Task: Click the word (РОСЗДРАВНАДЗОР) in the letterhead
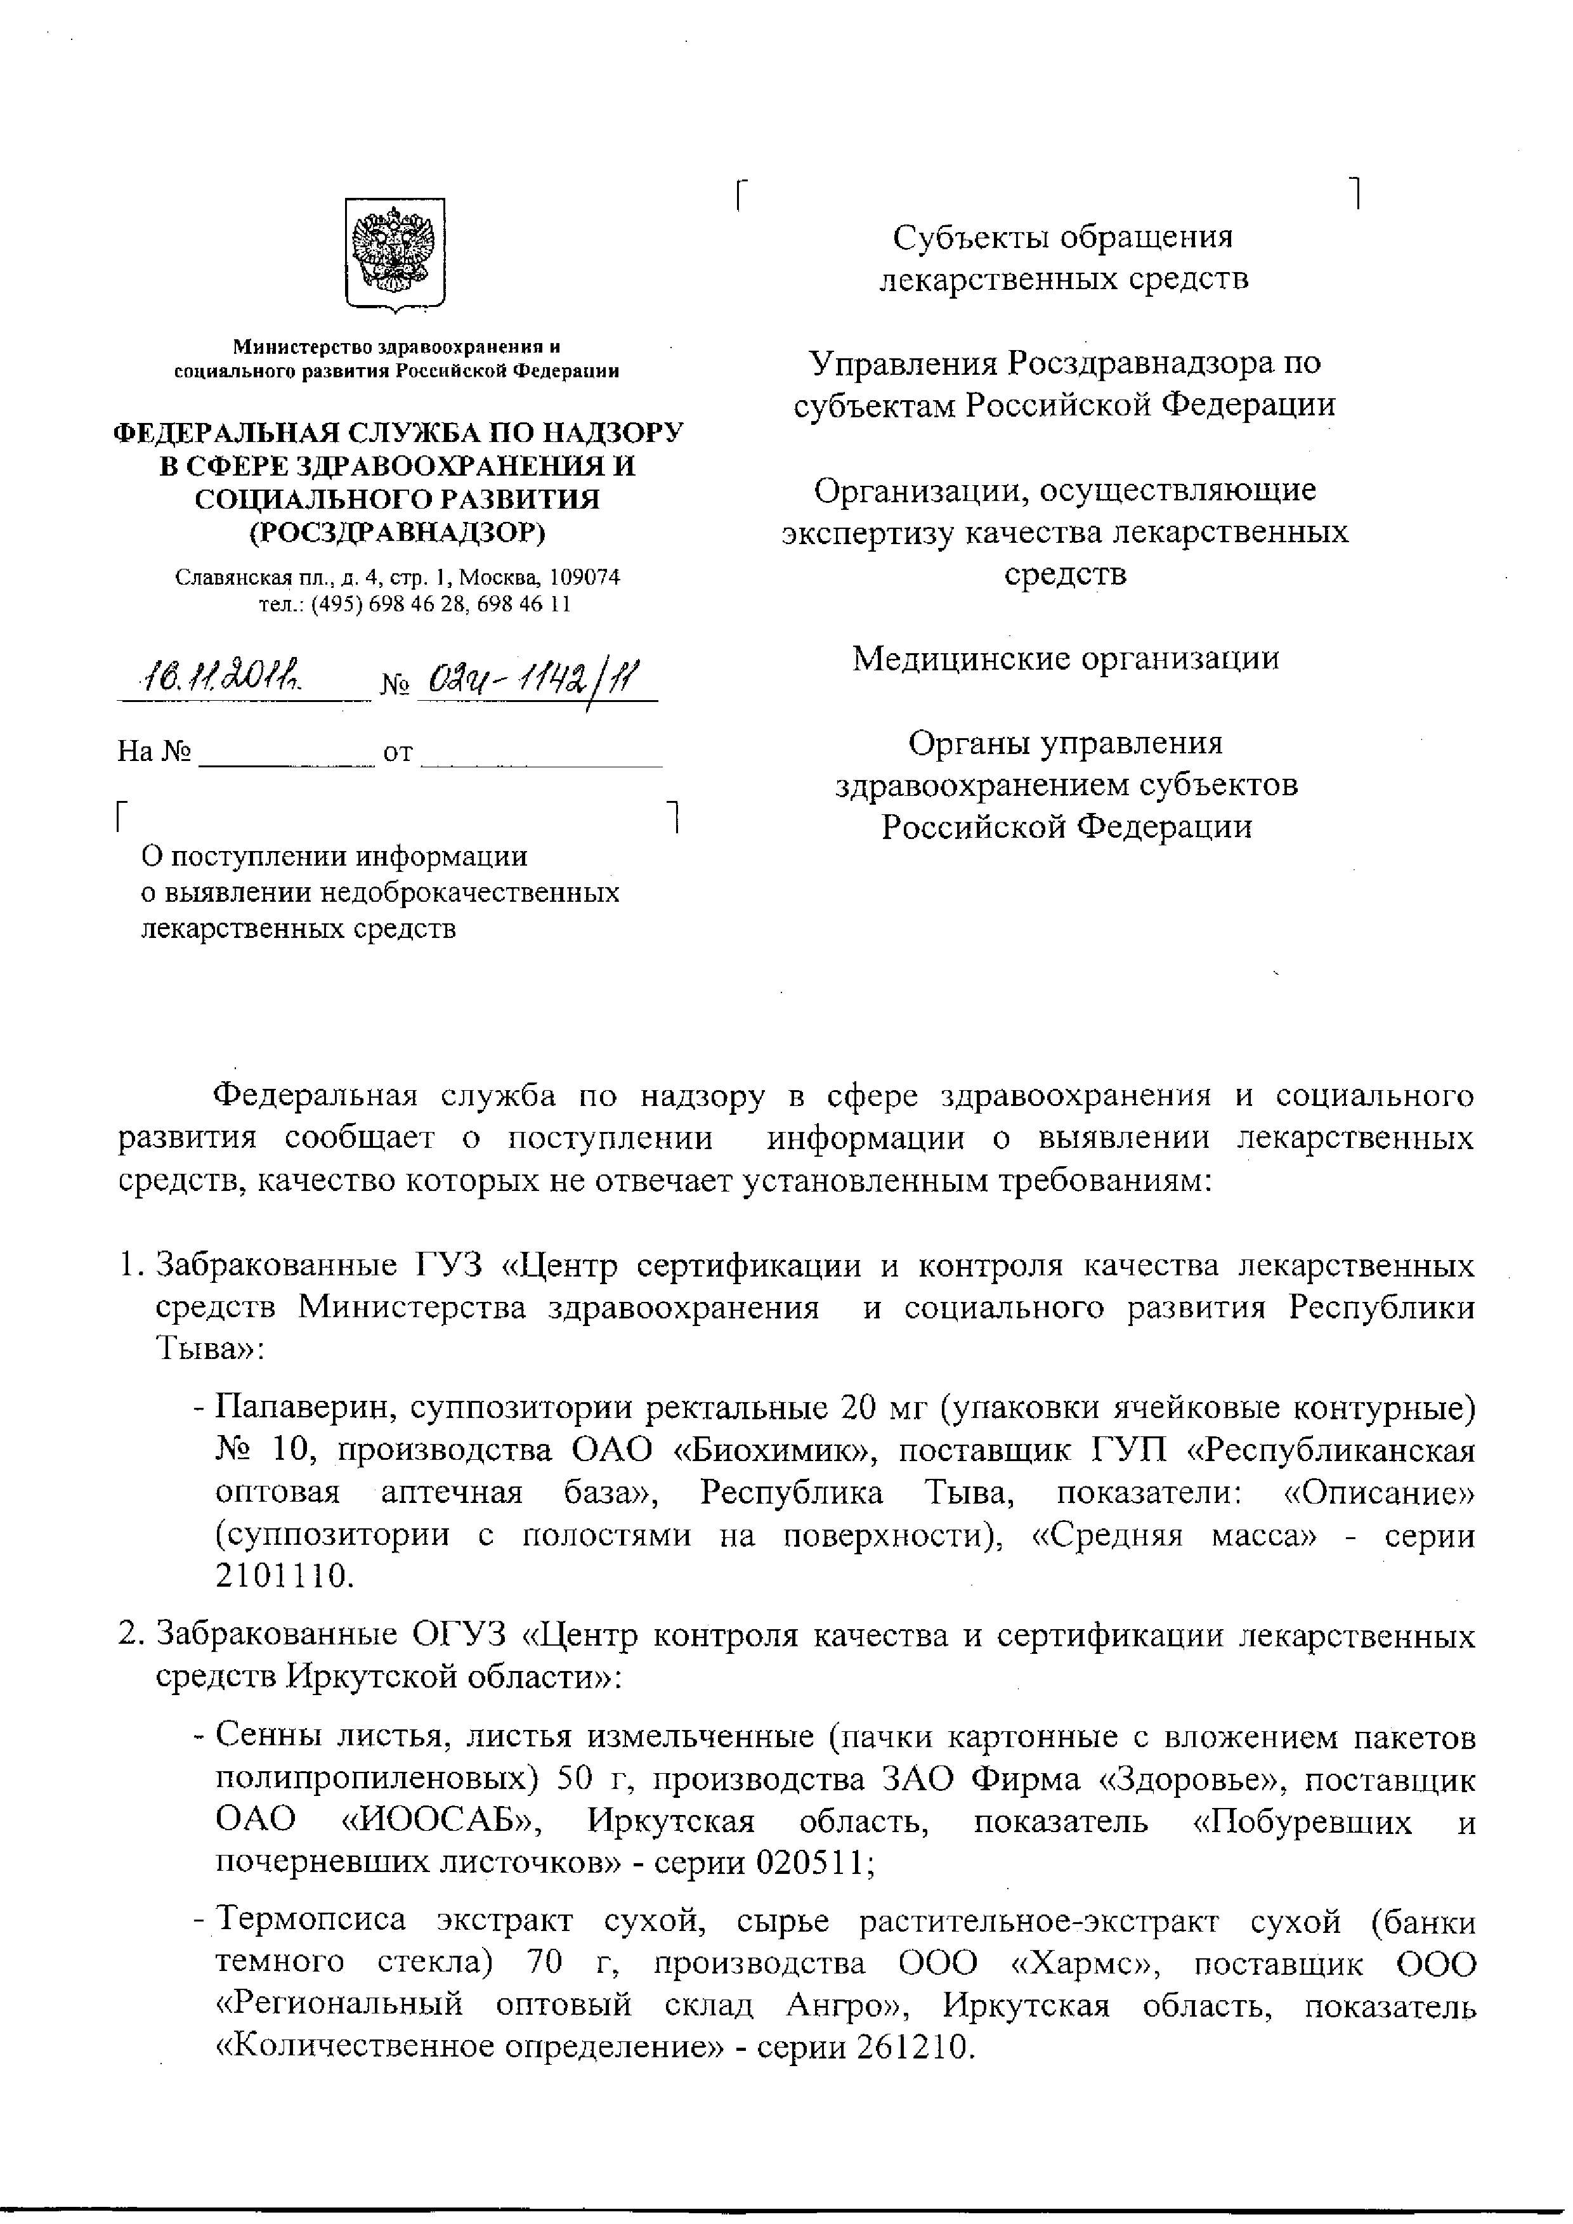coord(397,532)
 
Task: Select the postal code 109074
coord(584,577)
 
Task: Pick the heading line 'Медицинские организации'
coord(1066,659)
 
